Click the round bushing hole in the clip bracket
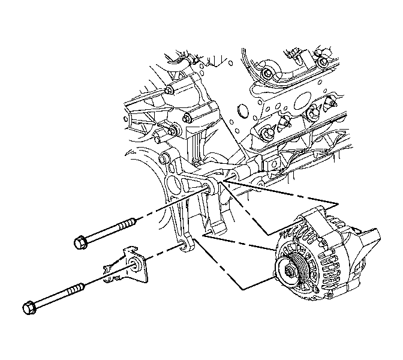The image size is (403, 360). pyautogui.click(x=132, y=259)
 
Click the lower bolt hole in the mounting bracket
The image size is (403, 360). pyautogui.click(x=182, y=244)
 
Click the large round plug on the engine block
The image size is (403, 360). pyautogui.click(x=242, y=110)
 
